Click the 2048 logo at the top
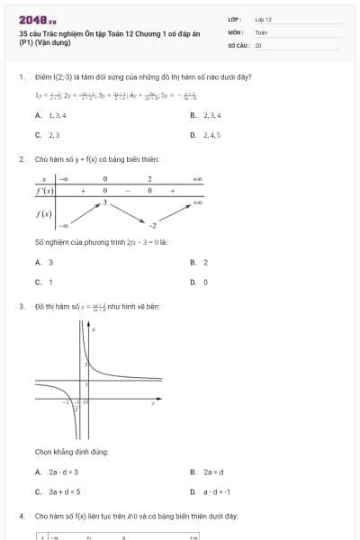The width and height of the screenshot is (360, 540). click(x=37, y=19)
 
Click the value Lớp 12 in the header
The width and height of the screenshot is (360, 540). click(x=263, y=19)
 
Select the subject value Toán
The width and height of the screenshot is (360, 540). click(x=261, y=31)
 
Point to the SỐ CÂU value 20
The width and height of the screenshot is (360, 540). click(x=258, y=44)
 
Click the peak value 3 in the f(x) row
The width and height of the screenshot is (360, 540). click(x=104, y=202)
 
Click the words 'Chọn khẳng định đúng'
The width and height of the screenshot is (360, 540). click(x=72, y=450)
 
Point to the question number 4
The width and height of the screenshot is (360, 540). click(x=21, y=517)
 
